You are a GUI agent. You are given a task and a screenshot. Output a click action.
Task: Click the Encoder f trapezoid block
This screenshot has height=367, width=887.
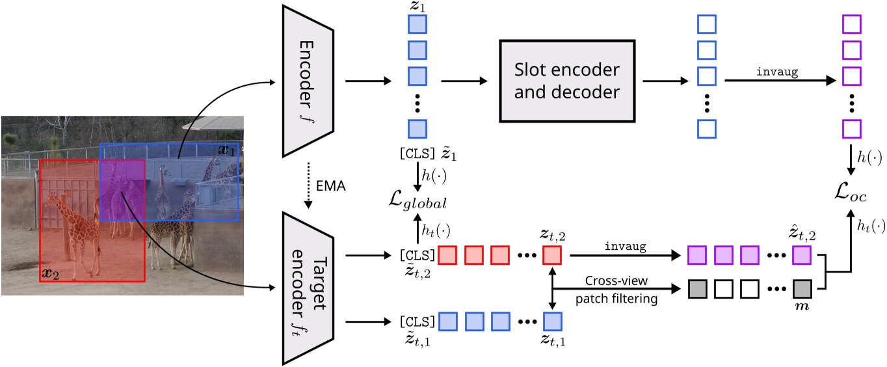[308, 81]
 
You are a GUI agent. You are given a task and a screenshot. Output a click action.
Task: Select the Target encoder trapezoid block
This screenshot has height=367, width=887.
[307, 286]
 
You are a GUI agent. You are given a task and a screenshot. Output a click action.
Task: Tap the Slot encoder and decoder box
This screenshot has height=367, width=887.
[566, 81]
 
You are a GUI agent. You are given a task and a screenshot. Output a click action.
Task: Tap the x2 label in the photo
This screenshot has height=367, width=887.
[50, 273]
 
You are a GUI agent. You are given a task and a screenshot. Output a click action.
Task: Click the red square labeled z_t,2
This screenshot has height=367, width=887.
[552, 255]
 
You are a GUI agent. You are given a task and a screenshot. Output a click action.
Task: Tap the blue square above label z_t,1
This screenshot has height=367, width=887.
[552, 321]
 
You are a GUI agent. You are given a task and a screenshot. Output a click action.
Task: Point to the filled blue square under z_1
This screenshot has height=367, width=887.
[417, 25]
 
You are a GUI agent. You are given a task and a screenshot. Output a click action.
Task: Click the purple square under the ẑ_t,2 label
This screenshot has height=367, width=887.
[801, 255]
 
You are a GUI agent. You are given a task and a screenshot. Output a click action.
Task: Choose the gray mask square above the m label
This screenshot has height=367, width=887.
[801, 287]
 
